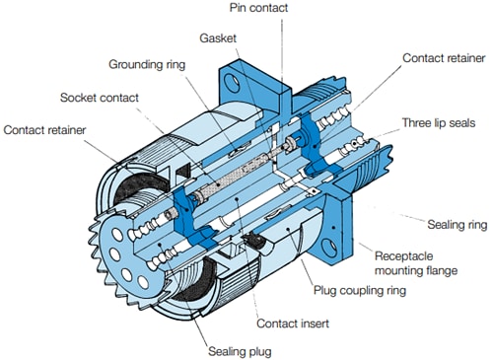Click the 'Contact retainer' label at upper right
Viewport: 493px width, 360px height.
coord(443,59)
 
